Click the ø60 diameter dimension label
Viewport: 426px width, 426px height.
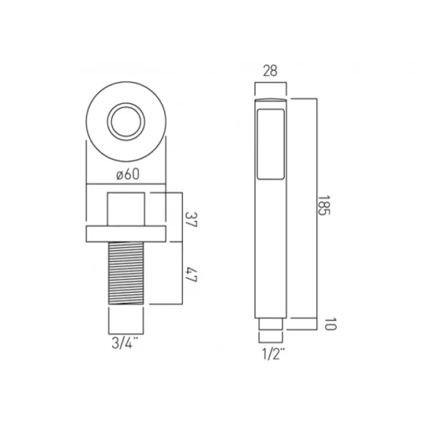pos(127,174)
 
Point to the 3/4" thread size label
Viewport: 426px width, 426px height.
pos(126,341)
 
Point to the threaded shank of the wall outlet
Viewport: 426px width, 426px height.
pos(126,273)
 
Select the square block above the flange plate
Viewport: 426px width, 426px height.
pos(126,209)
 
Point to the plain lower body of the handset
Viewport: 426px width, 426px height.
pos(271,259)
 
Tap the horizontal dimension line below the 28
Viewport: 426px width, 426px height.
pos(271,83)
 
